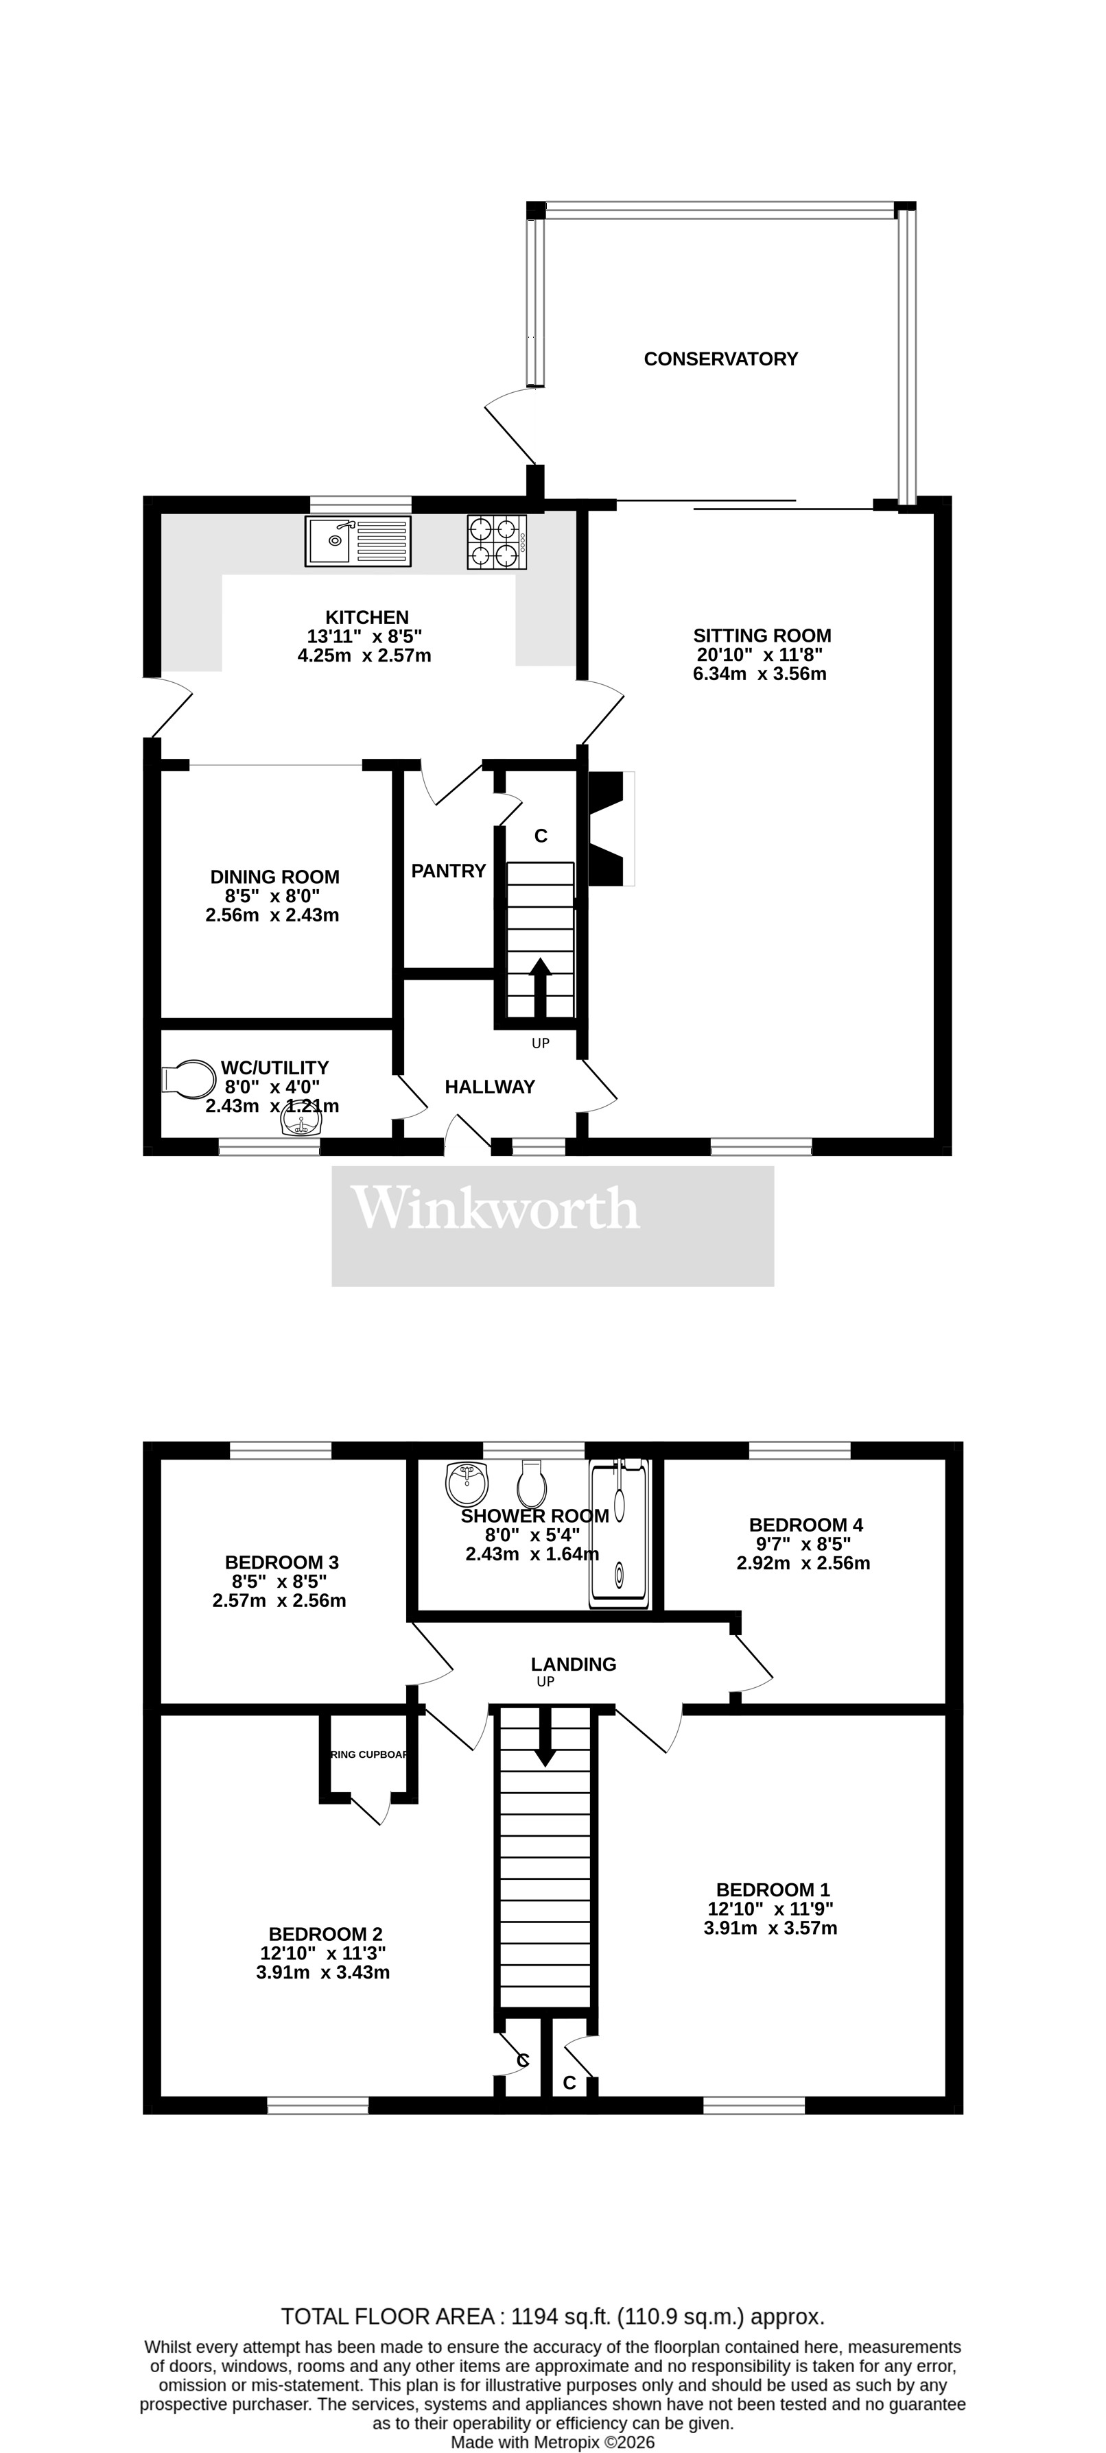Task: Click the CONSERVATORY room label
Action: (x=720, y=359)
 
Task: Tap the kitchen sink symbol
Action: (x=358, y=541)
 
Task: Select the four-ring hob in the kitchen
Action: (x=496, y=542)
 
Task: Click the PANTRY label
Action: (x=449, y=871)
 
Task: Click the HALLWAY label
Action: (x=490, y=1087)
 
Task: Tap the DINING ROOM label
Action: (x=274, y=877)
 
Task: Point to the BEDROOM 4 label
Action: (x=806, y=1525)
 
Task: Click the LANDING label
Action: (x=574, y=1664)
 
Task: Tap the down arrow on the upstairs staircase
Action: (x=545, y=1737)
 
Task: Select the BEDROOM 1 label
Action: (x=773, y=1889)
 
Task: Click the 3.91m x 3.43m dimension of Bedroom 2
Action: (x=323, y=1972)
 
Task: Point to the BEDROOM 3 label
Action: (x=281, y=1562)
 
